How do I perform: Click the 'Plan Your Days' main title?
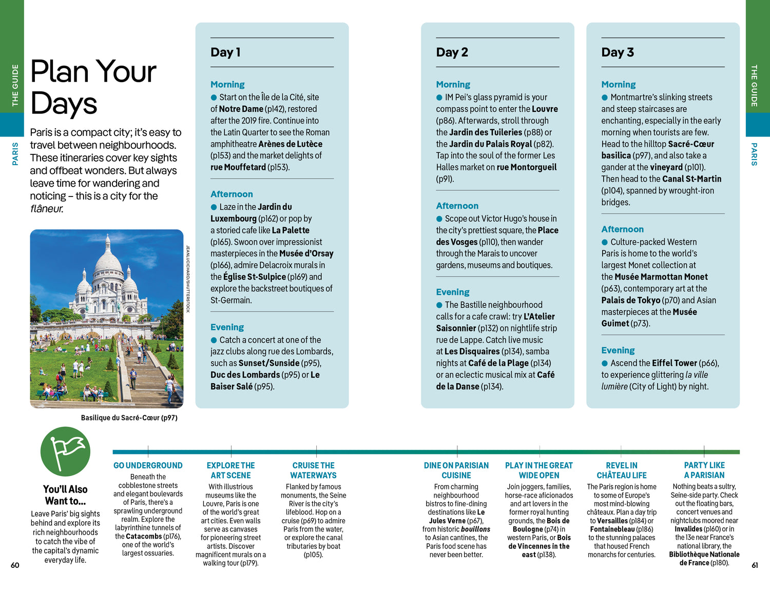pyautogui.click(x=93, y=87)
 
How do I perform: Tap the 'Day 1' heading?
pyautogui.click(x=225, y=52)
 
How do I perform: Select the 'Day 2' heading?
pyautogui.click(x=452, y=52)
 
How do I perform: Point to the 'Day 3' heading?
pyautogui.click(x=618, y=52)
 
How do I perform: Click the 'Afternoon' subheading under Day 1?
pyautogui.click(x=232, y=194)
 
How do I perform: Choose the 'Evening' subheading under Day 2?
pyautogui.click(x=453, y=292)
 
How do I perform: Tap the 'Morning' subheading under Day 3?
pyautogui.click(x=618, y=84)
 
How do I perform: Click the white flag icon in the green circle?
pyautogui.click(x=66, y=451)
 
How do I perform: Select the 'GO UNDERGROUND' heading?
pyautogui.click(x=148, y=465)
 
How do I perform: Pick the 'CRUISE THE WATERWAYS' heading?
pyautogui.click(x=313, y=470)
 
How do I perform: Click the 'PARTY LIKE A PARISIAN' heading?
pyautogui.click(x=704, y=470)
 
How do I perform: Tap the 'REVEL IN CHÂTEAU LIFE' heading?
pyautogui.click(x=622, y=470)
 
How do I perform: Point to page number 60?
pyautogui.click(x=15, y=565)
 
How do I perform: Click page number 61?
pyautogui.click(x=755, y=565)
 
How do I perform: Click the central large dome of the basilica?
pyautogui.click(x=108, y=262)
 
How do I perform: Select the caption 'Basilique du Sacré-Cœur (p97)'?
pyautogui.click(x=129, y=418)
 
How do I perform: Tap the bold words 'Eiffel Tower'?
pyautogui.click(x=675, y=363)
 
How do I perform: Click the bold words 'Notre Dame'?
pyautogui.click(x=241, y=109)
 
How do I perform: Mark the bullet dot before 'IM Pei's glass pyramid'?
pyautogui.click(x=439, y=97)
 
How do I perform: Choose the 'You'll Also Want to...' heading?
pyautogui.click(x=65, y=495)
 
